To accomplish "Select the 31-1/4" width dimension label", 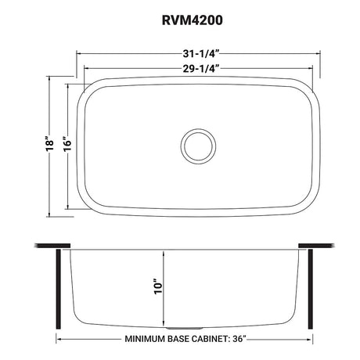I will [x=199, y=54].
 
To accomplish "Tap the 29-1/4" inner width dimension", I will [x=199, y=67].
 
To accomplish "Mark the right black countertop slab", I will [x=322, y=246].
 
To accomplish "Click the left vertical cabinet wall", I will [x=56, y=290].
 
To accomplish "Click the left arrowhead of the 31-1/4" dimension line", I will [x=78, y=54].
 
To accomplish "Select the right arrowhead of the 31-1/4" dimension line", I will [x=319, y=54].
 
